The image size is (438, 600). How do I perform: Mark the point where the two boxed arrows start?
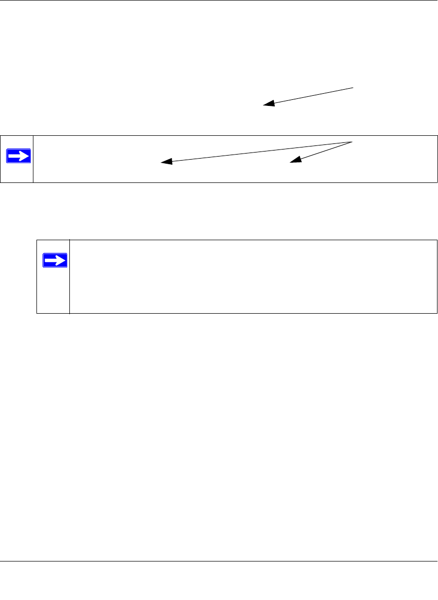pos(352,141)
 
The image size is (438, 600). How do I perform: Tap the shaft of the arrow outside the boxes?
pos(309,96)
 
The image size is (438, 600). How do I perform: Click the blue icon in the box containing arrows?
pos(18,156)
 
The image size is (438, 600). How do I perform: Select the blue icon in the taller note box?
pos(54,260)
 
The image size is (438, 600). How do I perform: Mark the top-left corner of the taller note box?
pos(37,240)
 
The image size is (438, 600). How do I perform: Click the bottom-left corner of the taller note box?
pos(37,313)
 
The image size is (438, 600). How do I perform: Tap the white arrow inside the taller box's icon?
pos(54,260)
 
